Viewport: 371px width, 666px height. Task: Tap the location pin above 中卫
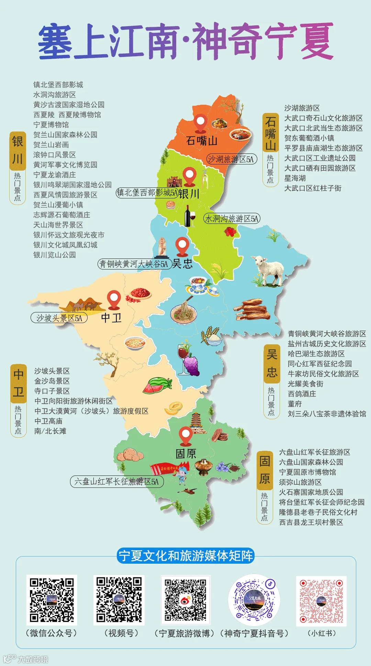tap(114, 299)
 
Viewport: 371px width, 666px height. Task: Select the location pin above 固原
tap(185, 436)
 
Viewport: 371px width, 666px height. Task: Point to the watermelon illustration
tap(157, 386)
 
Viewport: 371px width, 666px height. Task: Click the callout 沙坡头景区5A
tap(59, 318)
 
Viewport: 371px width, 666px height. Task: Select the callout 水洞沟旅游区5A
tap(232, 219)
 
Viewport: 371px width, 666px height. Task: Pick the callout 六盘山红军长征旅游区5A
tap(117, 482)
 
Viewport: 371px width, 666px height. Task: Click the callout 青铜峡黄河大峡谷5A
tap(134, 264)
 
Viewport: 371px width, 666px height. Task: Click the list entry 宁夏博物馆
tap(51, 125)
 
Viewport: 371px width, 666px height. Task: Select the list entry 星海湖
tap(295, 178)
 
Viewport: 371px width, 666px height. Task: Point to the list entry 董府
tap(294, 404)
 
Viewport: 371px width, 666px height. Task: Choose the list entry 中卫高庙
tap(48, 421)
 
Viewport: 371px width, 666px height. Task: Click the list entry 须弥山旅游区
tap(300, 482)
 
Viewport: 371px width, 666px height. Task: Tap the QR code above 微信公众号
tap(52, 600)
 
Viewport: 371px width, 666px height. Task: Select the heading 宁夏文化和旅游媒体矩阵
tap(185, 555)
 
